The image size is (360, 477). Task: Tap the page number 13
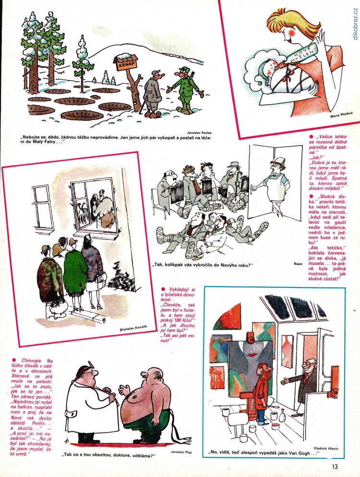[x=335, y=466]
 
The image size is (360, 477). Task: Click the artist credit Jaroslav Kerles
[x=199, y=132]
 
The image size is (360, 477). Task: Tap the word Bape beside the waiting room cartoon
[x=298, y=264]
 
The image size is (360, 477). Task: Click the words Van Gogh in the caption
[x=300, y=453]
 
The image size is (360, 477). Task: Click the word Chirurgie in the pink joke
[x=30, y=361]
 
